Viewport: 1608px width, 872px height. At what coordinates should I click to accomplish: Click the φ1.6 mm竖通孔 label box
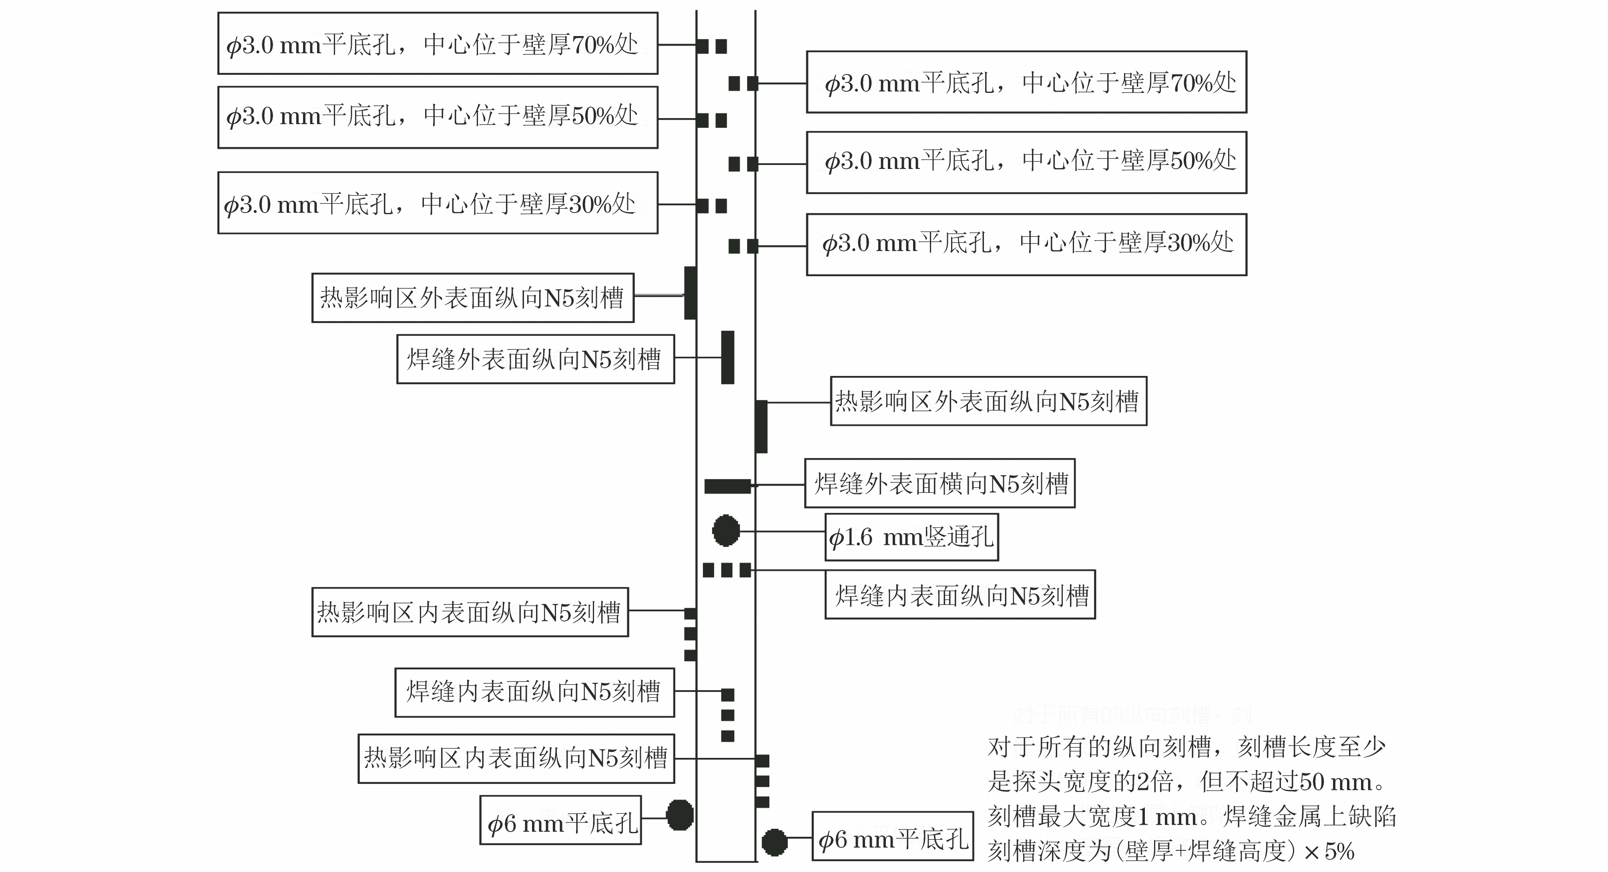pyautogui.click(x=911, y=537)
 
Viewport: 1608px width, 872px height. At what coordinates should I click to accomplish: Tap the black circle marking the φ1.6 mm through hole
pyautogui.click(x=726, y=530)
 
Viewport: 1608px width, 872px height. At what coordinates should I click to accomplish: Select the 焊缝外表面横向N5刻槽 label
pyautogui.click(x=940, y=484)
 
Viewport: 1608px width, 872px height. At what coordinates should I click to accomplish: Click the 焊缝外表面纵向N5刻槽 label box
pyautogui.click(x=535, y=359)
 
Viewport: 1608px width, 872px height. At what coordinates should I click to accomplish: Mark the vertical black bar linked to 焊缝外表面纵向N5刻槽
pyautogui.click(x=727, y=357)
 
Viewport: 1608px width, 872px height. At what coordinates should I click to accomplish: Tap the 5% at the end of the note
pyautogui.click(x=1339, y=851)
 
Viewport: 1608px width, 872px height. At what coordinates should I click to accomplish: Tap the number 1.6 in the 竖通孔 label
pyautogui.click(x=859, y=537)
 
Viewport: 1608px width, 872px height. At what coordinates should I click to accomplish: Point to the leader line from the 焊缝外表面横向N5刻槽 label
pyautogui.click(x=779, y=484)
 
